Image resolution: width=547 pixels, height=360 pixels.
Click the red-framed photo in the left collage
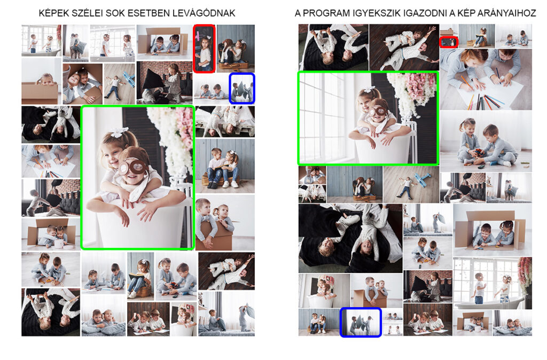click(x=204, y=49)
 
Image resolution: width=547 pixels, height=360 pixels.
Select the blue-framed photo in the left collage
click(x=242, y=88)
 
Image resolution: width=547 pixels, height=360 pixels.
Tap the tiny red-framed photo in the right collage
click(x=449, y=42)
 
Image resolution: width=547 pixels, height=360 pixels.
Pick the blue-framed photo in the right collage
click(x=361, y=322)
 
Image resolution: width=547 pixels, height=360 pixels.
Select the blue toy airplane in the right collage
click(x=423, y=179)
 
